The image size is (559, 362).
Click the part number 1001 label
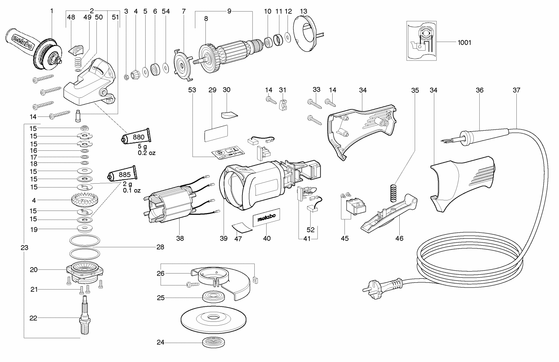click(x=464, y=43)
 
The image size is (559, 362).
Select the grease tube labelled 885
click(x=122, y=174)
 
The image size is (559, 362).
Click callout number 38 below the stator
click(x=180, y=239)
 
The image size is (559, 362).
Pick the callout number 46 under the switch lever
click(x=399, y=239)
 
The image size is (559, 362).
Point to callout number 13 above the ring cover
click(x=303, y=11)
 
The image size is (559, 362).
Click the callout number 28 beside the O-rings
click(x=160, y=247)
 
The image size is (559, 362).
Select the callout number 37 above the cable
click(x=516, y=90)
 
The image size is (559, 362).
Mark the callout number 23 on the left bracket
click(x=24, y=248)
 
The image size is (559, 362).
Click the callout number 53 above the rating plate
click(x=192, y=90)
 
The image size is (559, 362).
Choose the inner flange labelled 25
click(x=213, y=297)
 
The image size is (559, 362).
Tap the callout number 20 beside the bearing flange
click(x=34, y=270)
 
